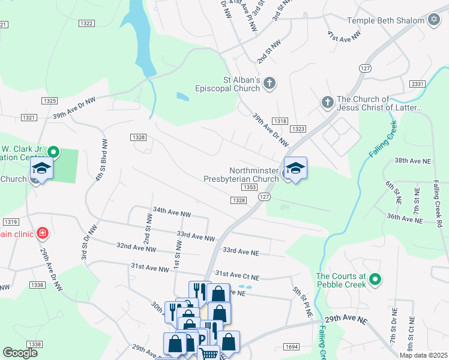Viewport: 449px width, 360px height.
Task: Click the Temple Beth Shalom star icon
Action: click(434, 20)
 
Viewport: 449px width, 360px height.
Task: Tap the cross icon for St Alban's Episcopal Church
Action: click(270, 83)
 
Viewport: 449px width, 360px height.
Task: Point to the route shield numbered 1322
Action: click(86, 23)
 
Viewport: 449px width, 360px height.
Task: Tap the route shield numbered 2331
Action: click(418, 83)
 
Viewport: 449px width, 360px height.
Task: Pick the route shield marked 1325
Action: click(50, 100)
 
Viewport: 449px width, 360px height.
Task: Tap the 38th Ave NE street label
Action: click(413, 161)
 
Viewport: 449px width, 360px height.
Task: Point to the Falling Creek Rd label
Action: click(438, 205)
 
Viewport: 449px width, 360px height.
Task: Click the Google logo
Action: click(21, 353)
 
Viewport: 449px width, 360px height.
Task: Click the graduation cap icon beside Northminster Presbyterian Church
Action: click(295, 168)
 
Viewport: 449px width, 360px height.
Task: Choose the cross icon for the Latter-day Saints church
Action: click(327, 103)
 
